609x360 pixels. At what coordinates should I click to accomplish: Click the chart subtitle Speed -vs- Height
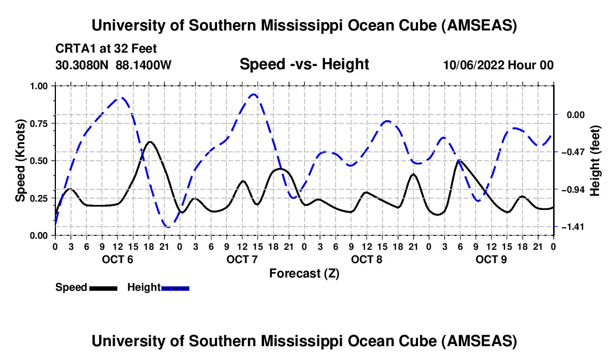tap(304, 64)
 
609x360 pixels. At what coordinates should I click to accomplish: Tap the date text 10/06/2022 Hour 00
tap(498, 65)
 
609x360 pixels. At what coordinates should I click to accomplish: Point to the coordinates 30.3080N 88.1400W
tap(113, 65)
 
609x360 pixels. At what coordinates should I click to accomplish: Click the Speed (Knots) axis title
tap(20, 161)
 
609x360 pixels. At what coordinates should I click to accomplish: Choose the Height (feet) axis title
tap(596, 161)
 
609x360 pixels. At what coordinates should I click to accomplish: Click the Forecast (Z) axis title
tap(304, 273)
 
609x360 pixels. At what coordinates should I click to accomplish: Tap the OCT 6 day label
tap(117, 259)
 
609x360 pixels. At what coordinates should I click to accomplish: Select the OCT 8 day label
tap(367, 259)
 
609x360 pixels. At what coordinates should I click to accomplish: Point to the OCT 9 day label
tap(491, 259)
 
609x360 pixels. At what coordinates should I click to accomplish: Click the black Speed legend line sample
tap(103, 287)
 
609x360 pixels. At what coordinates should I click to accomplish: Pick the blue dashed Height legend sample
tap(175, 287)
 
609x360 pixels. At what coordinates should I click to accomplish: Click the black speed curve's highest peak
tap(149, 142)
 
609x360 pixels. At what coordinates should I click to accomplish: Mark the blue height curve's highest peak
tap(254, 94)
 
